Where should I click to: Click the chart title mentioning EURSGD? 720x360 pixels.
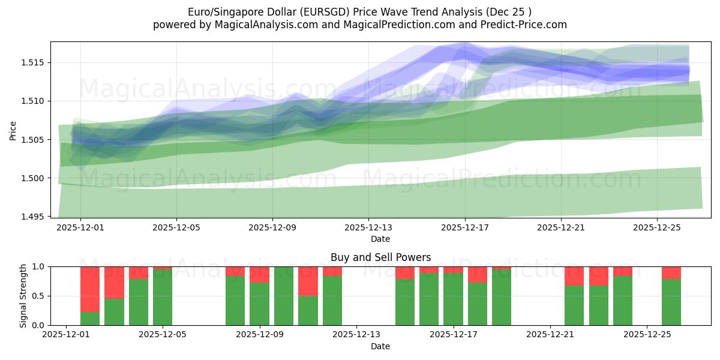point(359,12)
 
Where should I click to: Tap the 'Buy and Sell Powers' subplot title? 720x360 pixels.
point(380,257)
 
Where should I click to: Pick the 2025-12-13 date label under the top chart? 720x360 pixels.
point(368,227)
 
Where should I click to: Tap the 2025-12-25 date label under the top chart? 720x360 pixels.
point(656,227)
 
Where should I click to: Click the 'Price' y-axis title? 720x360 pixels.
point(13,130)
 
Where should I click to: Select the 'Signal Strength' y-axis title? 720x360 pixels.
point(23,296)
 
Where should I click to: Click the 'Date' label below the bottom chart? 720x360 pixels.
point(380,346)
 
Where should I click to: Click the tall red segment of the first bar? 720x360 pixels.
point(90,289)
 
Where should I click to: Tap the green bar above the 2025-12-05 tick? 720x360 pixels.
point(163,297)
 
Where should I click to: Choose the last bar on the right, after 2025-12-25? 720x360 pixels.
point(671,302)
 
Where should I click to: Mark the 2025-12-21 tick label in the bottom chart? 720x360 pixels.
point(550,335)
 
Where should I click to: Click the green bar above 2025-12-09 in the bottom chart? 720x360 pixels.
point(259,304)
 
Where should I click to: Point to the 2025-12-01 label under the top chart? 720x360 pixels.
point(80,227)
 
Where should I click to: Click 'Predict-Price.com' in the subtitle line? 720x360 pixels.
point(521,25)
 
